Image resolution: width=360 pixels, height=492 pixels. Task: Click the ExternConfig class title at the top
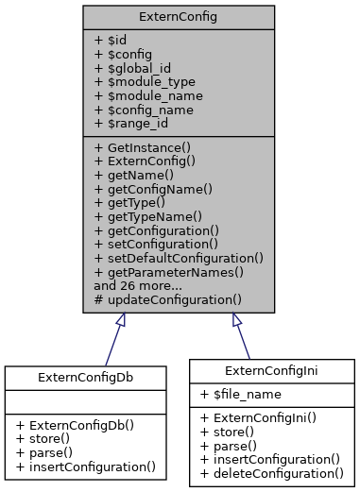pos(179,17)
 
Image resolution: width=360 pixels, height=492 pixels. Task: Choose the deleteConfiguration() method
pos(272,473)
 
